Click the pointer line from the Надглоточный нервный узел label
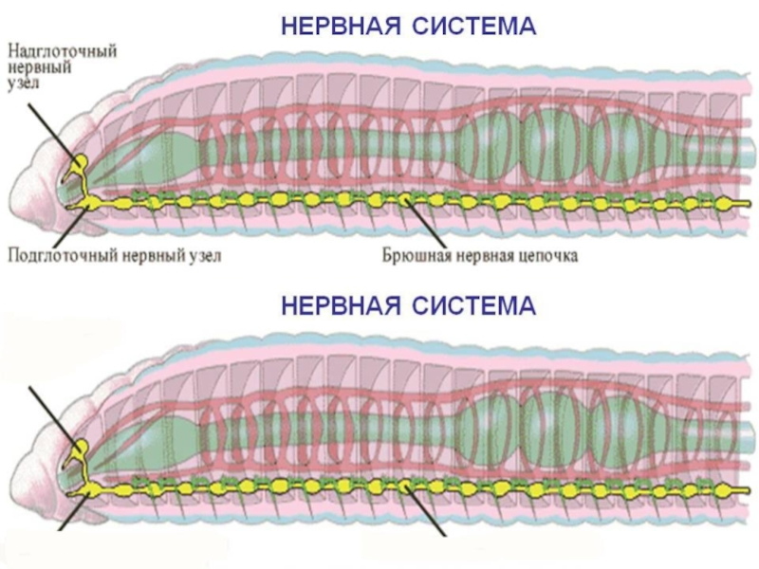pos(47,128)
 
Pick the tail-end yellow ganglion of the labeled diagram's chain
pos(726,202)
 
